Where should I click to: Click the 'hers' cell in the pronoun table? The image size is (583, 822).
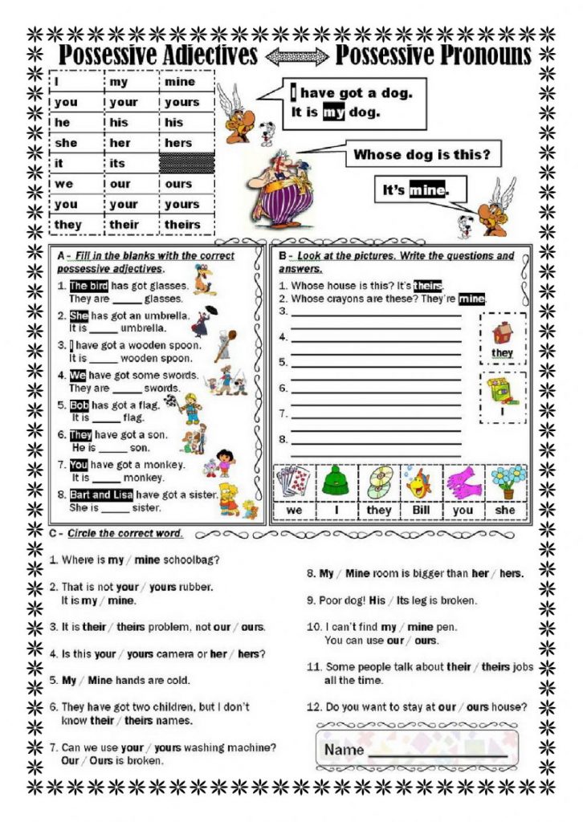coord(179,143)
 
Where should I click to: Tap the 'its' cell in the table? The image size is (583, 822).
coord(118,164)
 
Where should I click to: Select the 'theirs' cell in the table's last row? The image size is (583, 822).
coord(182,225)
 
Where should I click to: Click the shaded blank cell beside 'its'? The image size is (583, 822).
coord(187,164)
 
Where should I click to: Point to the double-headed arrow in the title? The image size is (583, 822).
coord(297,56)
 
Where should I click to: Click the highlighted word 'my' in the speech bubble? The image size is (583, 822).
coord(333,112)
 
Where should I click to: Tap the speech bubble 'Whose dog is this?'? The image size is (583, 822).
coord(422,154)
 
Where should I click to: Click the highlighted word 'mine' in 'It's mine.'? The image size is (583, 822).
coord(426,191)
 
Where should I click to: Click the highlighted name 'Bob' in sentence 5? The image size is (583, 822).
coord(79,405)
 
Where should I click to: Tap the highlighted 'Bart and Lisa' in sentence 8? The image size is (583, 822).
coord(100,494)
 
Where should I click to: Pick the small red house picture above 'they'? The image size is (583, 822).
coord(502,331)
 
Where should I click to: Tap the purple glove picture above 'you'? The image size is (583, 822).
coord(464,482)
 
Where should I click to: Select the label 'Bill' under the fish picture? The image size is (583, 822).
coord(421,510)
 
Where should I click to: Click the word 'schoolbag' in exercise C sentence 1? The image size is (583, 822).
coord(192,560)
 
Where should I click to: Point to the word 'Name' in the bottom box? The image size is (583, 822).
coord(344,750)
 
